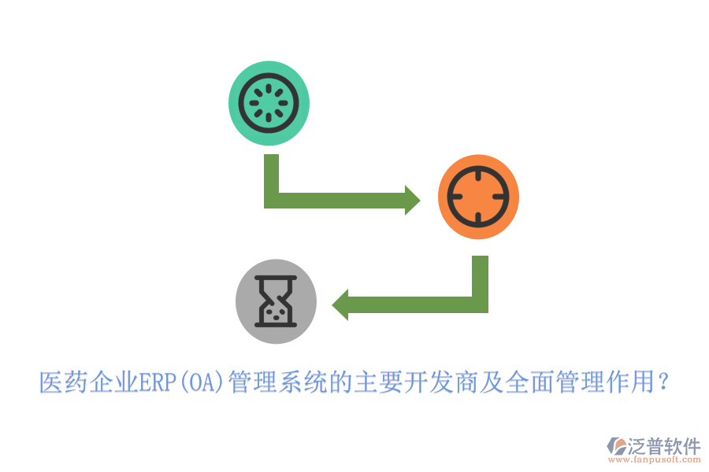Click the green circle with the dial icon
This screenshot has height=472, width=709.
[269, 103]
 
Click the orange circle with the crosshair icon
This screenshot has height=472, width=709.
[478, 197]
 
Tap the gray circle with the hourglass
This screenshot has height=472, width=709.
[276, 301]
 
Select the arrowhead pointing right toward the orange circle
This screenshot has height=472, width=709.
[412, 200]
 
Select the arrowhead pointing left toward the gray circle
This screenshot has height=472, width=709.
[340, 305]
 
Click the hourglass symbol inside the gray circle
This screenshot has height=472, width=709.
[276, 301]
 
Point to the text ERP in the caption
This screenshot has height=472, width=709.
[158, 382]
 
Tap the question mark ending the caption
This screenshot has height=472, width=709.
[663, 382]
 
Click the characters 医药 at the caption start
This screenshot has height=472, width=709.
[63, 382]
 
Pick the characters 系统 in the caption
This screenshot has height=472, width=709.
[303, 382]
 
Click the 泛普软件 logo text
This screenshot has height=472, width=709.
[664, 446]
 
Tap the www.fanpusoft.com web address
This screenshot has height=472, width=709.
[655, 459]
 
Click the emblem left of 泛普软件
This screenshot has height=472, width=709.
[617, 446]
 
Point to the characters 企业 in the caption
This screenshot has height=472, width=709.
[113, 382]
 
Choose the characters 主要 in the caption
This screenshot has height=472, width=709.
[379, 382]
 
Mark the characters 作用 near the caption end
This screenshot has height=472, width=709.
[631, 382]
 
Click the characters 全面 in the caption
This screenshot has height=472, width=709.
[530, 382]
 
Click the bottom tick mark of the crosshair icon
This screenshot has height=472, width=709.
[478, 219]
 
